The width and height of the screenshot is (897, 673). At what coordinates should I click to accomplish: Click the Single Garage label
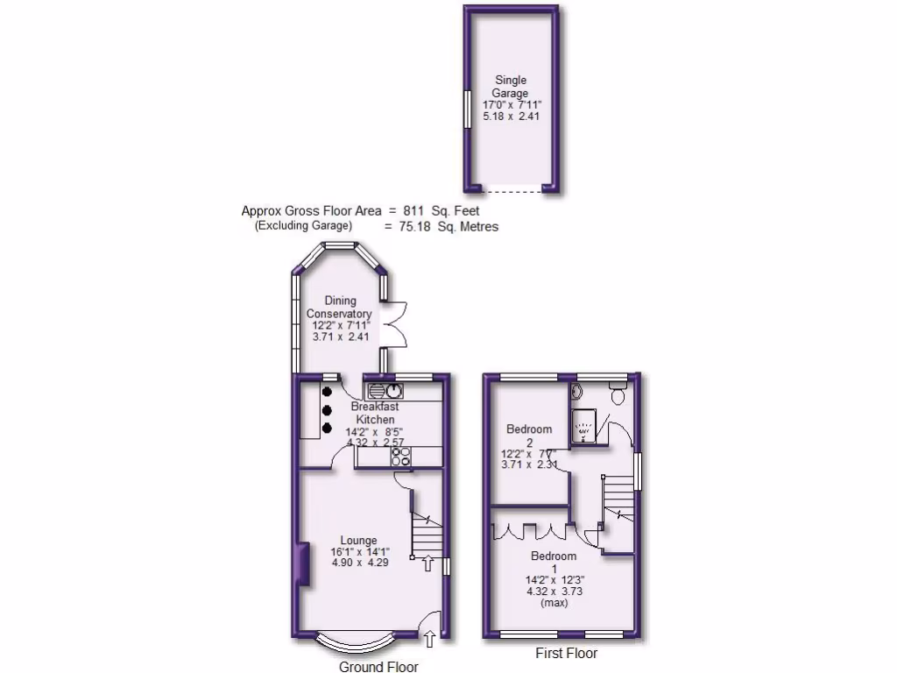tap(510, 87)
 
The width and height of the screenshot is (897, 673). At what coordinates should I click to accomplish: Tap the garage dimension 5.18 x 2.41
tap(510, 117)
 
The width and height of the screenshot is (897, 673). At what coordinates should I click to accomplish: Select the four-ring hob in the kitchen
tap(400, 457)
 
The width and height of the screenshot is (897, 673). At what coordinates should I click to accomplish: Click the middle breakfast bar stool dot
tap(327, 409)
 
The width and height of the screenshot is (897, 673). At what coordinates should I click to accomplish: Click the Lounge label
tap(359, 540)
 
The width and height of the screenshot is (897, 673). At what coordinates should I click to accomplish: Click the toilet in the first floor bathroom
tap(618, 395)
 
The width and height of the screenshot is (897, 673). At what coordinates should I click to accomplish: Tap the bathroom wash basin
tap(578, 391)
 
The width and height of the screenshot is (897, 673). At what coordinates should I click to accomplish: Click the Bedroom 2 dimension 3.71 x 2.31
tap(529, 465)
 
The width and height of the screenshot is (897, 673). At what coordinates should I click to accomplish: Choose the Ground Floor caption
tap(378, 667)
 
